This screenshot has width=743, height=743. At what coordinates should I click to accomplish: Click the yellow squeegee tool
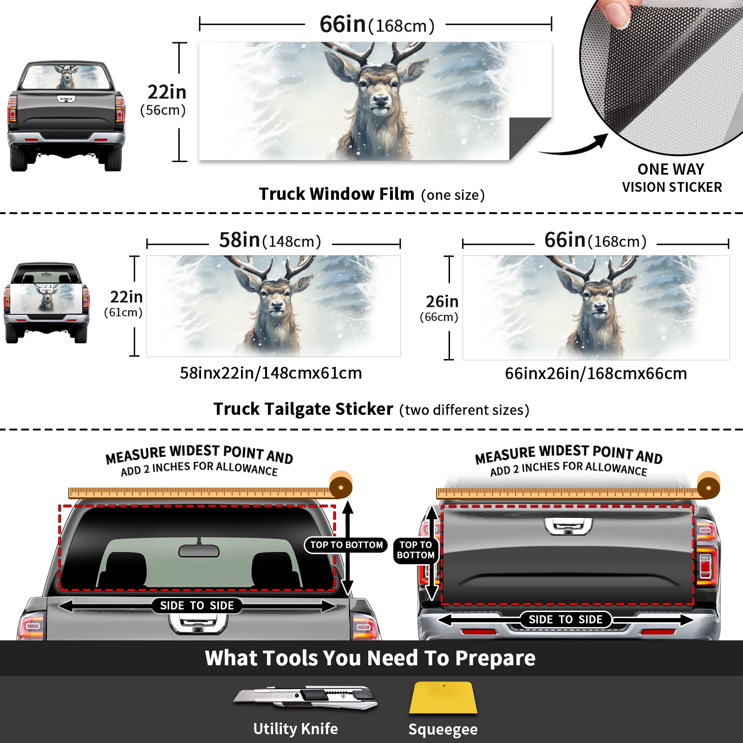click(443, 698)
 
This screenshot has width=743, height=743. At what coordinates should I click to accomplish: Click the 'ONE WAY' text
click(671, 169)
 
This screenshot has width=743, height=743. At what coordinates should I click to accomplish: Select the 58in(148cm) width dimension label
click(270, 241)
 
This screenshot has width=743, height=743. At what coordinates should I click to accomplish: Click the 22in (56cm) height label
click(164, 100)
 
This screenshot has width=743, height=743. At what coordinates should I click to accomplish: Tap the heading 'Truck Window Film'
click(337, 194)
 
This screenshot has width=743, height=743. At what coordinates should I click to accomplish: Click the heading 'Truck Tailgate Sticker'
click(303, 409)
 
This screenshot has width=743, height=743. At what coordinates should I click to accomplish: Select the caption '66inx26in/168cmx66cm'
click(596, 373)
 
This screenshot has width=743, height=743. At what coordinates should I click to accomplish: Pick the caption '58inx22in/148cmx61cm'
click(271, 373)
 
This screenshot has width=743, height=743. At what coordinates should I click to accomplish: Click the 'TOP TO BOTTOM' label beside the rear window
click(346, 545)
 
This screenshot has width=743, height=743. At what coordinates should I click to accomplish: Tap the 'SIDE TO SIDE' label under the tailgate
click(566, 619)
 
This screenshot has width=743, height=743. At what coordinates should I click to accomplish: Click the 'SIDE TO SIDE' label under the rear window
click(197, 606)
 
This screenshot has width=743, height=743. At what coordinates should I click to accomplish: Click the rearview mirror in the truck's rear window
click(199, 551)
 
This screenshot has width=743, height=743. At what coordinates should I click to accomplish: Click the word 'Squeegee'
click(443, 729)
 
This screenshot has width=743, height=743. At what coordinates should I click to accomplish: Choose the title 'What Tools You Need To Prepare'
click(370, 658)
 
